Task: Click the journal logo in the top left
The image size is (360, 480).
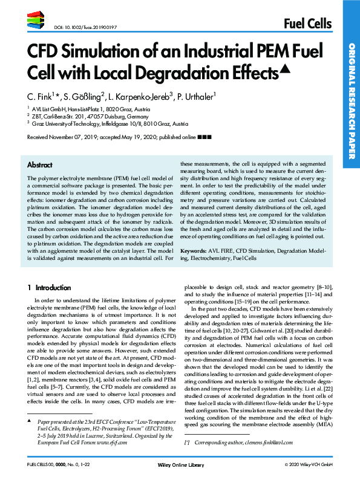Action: click(38, 22)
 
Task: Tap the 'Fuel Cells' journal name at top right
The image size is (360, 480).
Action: click(307, 24)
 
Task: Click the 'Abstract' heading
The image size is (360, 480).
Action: click(40, 164)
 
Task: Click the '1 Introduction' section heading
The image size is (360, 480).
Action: click(53, 288)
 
